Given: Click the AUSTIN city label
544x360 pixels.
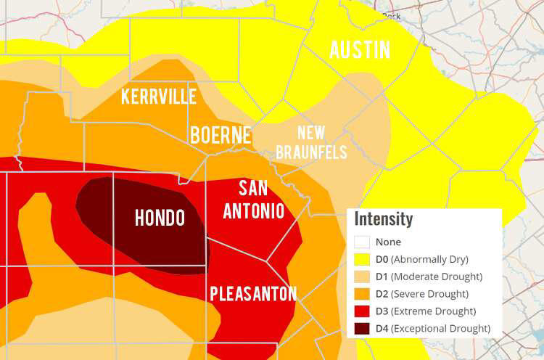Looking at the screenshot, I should click(x=360, y=50).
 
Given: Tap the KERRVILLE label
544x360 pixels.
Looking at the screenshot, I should click(x=159, y=97).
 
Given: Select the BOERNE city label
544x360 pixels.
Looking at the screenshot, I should click(x=221, y=135).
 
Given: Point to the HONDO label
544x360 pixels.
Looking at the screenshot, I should click(x=160, y=218).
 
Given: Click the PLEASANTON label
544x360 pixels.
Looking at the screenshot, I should click(x=253, y=294).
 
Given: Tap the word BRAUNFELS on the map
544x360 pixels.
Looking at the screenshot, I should click(x=311, y=152).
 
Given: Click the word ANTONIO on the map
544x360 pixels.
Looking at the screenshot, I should click(x=253, y=211).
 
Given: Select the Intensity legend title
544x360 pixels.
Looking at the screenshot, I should click(x=384, y=219).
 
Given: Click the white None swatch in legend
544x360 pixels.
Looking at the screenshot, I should click(x=362, y=242).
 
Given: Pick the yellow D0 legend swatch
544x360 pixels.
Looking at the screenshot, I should click(x=362, y=259).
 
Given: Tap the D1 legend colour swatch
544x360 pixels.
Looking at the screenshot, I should click(x=362, y=277).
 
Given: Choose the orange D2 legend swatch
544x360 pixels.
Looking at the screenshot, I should click(x=362, y=294).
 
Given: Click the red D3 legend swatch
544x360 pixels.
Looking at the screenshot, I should click(x=362, y=311).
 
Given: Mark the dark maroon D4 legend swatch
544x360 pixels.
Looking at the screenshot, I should click(x=362, y=329).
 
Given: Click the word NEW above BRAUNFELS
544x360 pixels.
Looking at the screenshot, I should click(x=311, y=134).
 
